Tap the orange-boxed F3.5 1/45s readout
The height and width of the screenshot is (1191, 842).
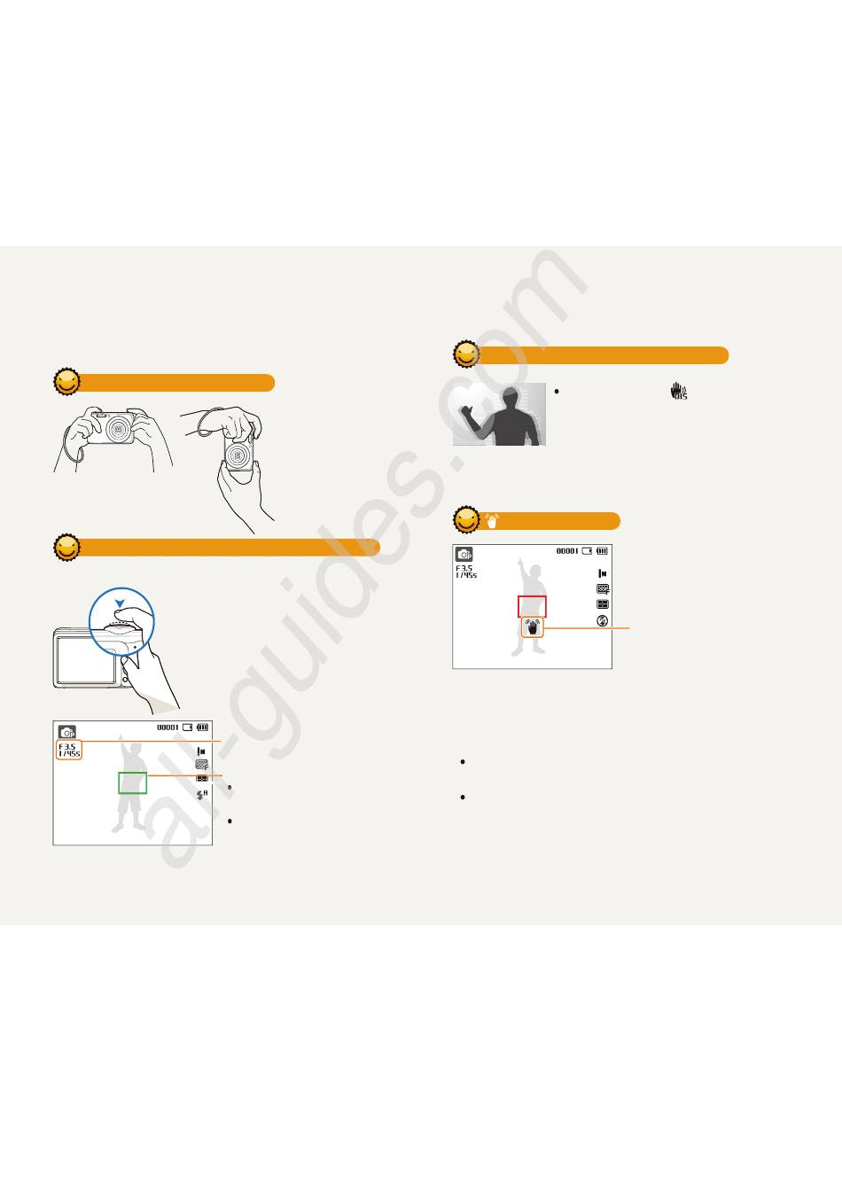69,750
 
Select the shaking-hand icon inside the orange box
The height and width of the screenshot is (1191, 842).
533,627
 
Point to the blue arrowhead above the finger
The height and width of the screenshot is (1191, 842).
121,603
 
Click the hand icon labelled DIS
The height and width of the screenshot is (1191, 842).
678,391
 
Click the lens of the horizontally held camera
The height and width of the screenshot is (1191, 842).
119,429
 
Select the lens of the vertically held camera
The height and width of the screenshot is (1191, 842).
238,456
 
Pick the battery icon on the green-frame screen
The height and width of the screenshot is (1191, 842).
203,728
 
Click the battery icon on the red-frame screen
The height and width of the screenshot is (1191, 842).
602,551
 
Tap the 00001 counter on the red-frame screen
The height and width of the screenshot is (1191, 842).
567,551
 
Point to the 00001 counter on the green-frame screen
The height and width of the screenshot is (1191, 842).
168,728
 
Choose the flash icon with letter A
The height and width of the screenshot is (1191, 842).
202,795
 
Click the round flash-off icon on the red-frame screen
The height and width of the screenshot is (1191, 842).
602,620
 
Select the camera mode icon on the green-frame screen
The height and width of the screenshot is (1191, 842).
67,732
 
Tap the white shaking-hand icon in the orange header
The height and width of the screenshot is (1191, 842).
492,521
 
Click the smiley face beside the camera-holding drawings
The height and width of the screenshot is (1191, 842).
67,382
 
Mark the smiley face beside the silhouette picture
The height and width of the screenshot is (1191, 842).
466,354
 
